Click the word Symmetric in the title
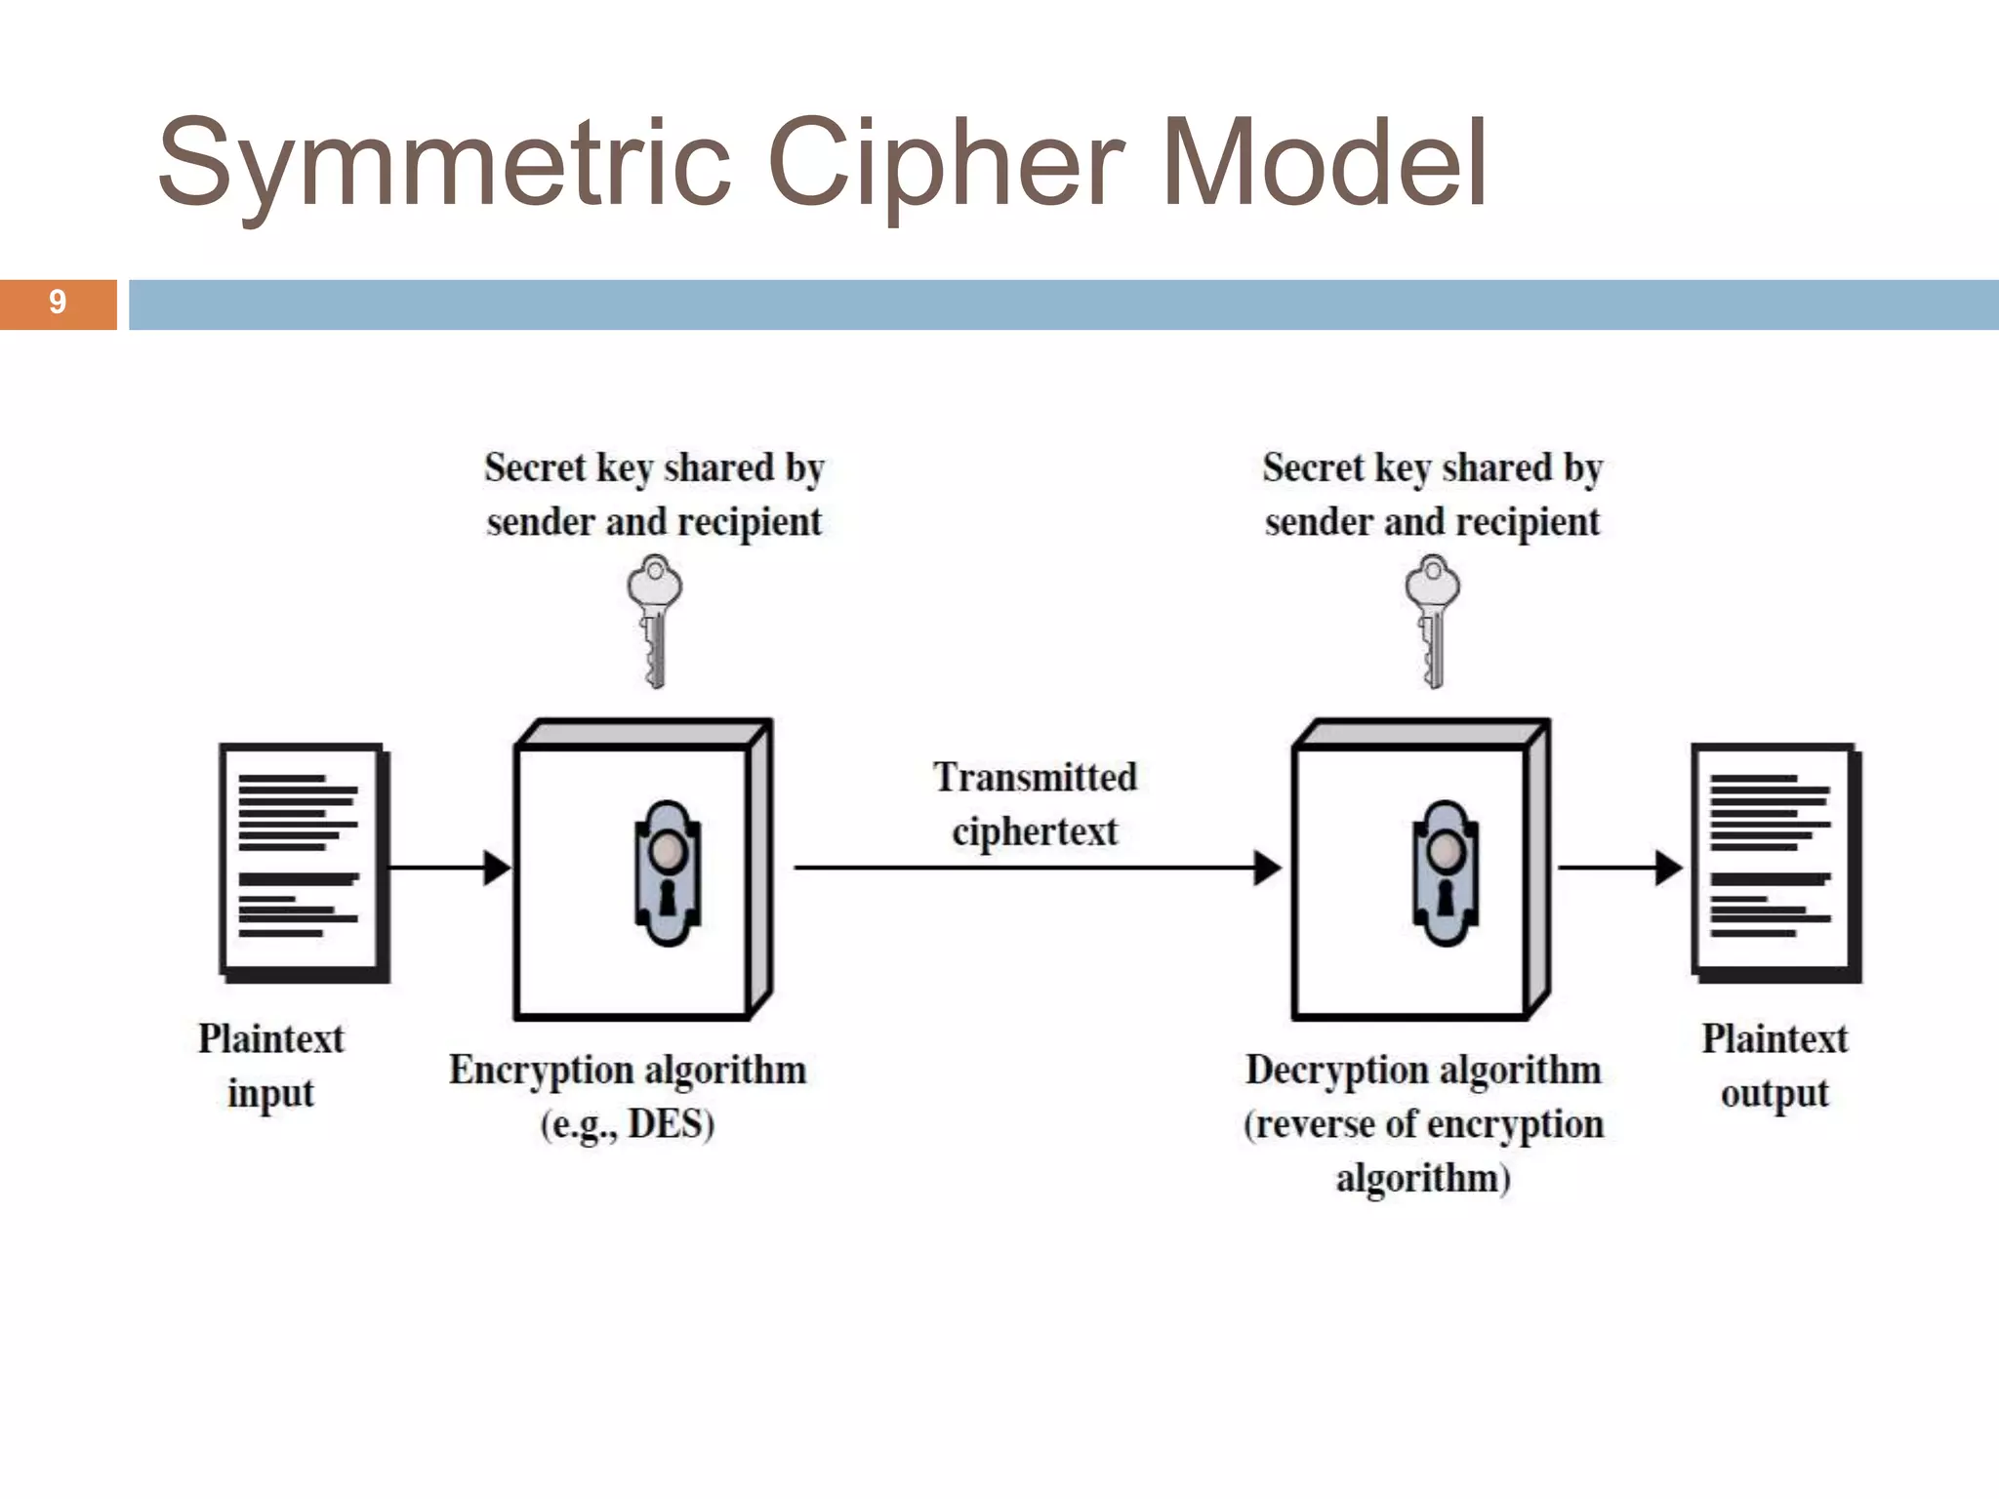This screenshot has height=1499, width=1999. [x=444, y=164]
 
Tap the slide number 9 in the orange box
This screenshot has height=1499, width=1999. [x=58, y=303]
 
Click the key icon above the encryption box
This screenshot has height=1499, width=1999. [x=654, y=620]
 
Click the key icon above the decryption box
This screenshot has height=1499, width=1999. [x=1432, y=620]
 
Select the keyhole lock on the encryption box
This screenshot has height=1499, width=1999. [x=668, y=872]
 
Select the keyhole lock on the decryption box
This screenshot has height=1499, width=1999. [x=1446, y=872]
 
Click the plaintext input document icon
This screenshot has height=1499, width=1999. [x=303, y=862]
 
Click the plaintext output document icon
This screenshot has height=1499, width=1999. [x=1775, y=862]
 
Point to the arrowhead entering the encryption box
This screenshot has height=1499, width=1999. [x=498, y=867]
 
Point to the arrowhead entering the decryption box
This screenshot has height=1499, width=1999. [x=1267, y=867]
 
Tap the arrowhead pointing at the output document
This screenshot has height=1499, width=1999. [x=1668, y=867]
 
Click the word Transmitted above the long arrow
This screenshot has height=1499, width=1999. [x=1035, y=778]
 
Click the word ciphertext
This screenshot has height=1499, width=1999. [x=1035, y=832]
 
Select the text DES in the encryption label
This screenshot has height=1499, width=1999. [x=666, y=1124]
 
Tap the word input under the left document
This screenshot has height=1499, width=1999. [x=270, y=1094]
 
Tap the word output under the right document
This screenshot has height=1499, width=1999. [x=1774, y=1094]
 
